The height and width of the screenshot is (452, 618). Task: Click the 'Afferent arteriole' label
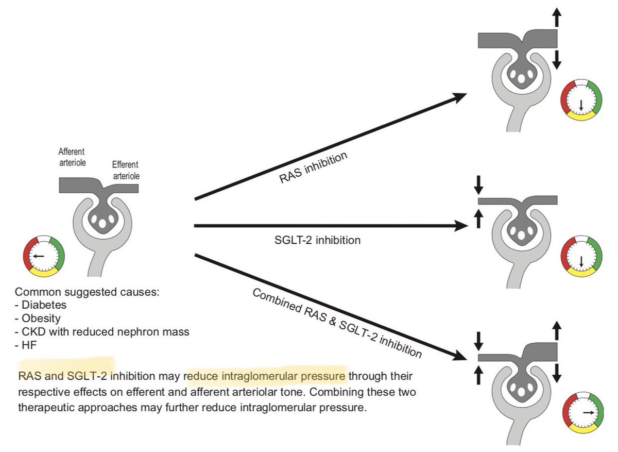72,157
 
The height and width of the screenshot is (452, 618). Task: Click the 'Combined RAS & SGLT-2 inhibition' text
337,324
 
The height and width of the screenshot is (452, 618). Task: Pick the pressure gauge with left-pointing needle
43,255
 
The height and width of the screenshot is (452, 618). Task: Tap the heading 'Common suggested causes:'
87,292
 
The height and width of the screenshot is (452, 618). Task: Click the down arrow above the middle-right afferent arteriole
478,183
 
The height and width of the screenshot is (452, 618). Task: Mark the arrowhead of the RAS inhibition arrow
460,97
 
